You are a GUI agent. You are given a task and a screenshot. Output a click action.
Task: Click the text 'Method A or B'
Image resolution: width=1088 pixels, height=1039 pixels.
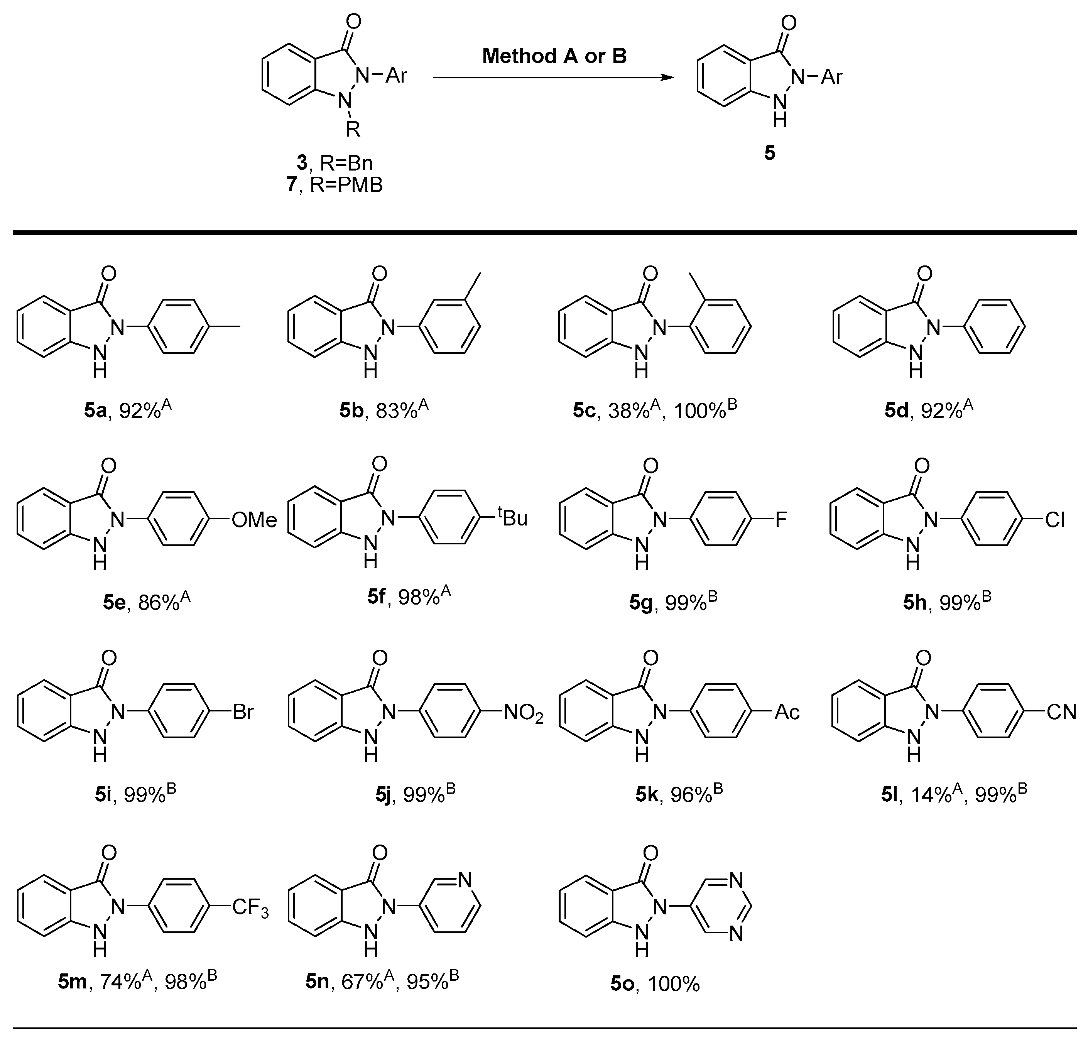click(x=554, y=56)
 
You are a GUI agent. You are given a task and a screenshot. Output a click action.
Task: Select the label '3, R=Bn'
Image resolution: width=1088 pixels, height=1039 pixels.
click(x=335, y=163)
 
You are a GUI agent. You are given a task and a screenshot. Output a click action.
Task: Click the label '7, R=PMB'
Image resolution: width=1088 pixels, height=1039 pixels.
click(x=335, y=184)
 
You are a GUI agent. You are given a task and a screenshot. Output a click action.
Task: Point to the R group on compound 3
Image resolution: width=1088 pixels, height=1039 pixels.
click(x=353, y=130)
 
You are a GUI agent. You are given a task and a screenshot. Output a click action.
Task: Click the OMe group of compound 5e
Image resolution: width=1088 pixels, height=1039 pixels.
click(x=254, y=519)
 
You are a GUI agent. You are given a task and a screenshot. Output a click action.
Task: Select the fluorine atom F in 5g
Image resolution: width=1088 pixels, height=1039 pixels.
click(x=781, y=519)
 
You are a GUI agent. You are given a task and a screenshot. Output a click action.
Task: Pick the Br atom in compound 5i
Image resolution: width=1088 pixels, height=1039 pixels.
click(x=243, y=712)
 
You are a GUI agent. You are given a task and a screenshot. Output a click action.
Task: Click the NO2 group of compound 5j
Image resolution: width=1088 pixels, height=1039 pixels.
click(x=523, y=713)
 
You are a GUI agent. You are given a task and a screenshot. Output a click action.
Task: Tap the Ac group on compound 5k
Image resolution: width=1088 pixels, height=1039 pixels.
click(x=787, y=712)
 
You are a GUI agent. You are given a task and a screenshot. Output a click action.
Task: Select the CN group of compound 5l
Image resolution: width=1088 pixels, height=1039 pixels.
click(x=1061, y=712)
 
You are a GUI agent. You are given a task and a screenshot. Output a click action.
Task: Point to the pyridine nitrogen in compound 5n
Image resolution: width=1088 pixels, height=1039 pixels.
click(x=465, y=880)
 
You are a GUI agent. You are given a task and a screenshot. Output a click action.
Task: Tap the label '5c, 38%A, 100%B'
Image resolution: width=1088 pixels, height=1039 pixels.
click(x=655, y=409)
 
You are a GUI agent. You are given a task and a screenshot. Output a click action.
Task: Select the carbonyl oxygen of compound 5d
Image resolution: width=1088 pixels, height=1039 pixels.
click(x=924, y=273)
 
